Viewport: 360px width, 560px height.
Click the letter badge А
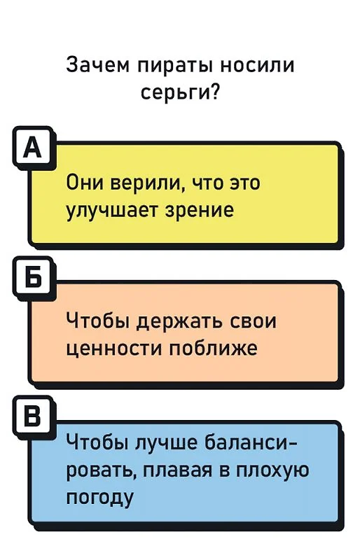(34, 148)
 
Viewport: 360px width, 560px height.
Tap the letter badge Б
(34, 278)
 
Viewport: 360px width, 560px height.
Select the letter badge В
(34, 416)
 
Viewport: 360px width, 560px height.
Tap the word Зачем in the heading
(98, 65)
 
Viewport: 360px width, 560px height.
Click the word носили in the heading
(257, 66)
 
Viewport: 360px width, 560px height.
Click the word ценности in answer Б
(114, 349)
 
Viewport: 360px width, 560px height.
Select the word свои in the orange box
(252, 322)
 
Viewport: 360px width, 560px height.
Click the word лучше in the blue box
(167, 442)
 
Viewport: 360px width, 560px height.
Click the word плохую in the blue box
(272, 471)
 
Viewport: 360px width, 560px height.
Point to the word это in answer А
(244, 183)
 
